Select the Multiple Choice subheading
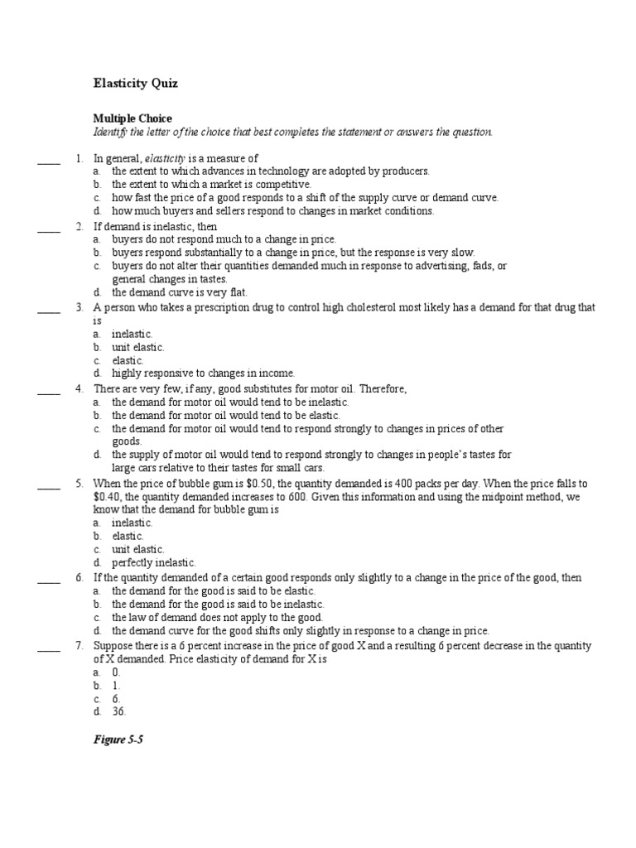pos(132,119)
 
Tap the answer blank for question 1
pos(49,158)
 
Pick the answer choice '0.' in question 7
pos(117,672)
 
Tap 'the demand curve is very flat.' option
pos(180,292)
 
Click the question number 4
pos(79,388)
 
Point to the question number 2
pos(79,226)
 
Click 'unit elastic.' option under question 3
pos(138,347)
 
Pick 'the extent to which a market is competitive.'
pos(212,185)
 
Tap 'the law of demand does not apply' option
pos(218,617)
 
